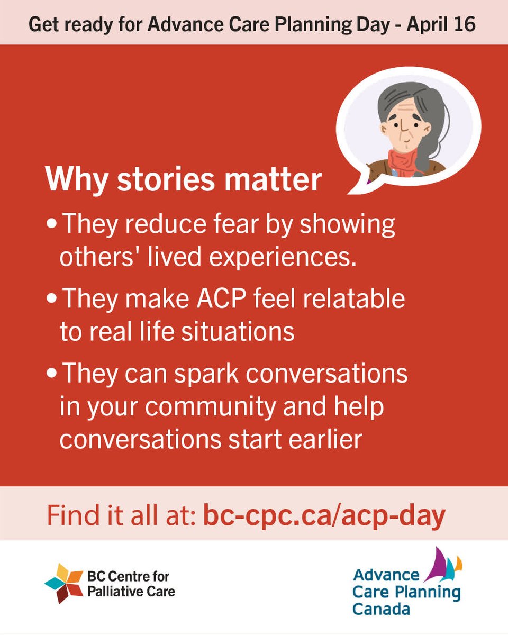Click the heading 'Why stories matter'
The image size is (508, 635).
coord(183,180)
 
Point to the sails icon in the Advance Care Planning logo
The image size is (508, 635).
coord(445,566)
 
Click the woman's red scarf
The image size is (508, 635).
coord(403,161)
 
